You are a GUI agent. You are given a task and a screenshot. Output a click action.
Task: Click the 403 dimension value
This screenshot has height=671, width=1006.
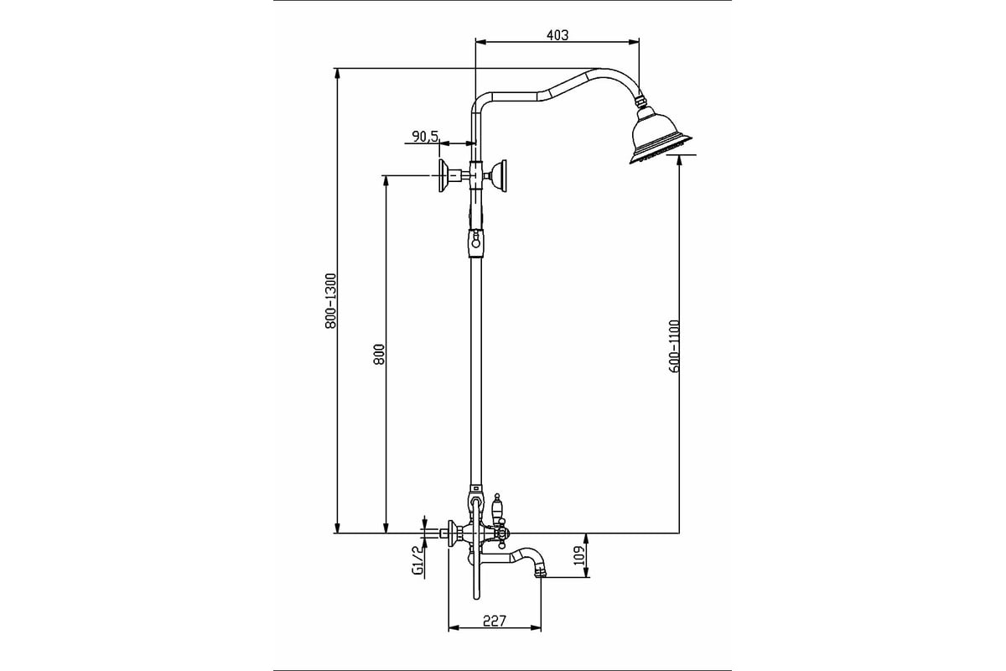pyautogui.click(x=557, y=34)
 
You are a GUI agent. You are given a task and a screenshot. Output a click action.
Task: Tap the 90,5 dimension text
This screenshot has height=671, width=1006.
pyautogui.click(x=425, y=136)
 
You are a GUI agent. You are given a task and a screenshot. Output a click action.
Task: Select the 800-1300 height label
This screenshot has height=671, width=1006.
pyautogui.click(x=330, y=300)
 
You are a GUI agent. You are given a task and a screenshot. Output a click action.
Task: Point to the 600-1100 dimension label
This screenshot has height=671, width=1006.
pyautogui.click(x=674, y=346)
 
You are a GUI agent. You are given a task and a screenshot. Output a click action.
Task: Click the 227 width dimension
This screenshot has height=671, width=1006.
pyautogui.click(x=495, y=621)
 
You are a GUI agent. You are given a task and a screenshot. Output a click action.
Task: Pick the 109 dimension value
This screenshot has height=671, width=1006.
pyautogui.click(x=579, y=555)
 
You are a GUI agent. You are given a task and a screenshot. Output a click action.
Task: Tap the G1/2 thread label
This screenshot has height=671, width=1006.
pyautogui.click(x=417, y=560)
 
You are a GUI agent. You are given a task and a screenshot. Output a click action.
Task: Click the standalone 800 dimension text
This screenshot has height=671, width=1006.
pyautogui.click(x=380, y=354)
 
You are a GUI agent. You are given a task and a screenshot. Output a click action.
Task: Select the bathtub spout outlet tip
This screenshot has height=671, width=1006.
pyautogui.click(x=541, y=572)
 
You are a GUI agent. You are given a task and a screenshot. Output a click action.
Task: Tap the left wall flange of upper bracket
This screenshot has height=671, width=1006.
pyautogui.click(x=443, y=175)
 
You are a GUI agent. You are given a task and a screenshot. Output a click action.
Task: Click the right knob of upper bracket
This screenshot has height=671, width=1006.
pyautogui.click(x=500, y=176)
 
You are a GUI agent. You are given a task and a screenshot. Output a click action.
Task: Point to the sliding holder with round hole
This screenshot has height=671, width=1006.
pyautogui.click(x=475, y=243)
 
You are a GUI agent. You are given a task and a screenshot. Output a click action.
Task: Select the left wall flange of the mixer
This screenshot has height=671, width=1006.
pyautogui.click(x=452, y=533)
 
